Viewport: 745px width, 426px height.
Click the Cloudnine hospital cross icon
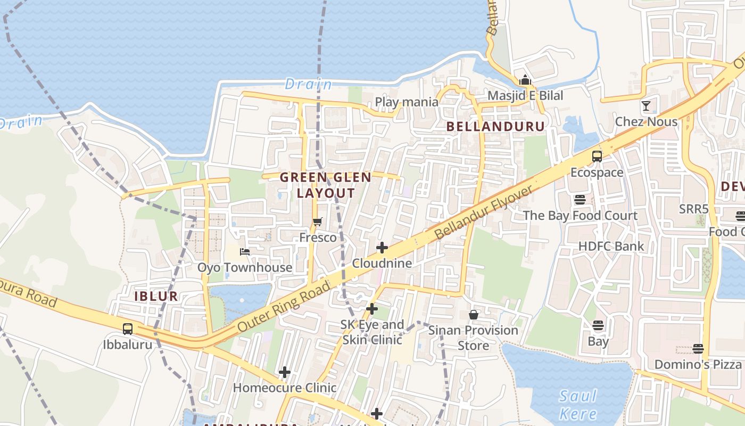point(382,248)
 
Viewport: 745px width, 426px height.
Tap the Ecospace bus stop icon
point(597,157)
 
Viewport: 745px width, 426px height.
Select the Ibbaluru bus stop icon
point(128,329)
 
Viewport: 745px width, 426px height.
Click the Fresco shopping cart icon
point(318,222)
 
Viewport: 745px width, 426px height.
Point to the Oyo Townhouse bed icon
point(245,252)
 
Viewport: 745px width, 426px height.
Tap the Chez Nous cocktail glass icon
point(646,106)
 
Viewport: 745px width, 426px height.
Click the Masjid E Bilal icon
point(525,80)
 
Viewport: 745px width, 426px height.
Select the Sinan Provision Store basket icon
point(474,315)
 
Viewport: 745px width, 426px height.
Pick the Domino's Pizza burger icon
point(698,349)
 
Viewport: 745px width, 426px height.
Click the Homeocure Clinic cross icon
point(285,372)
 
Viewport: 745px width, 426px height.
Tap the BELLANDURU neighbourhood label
point(496,126)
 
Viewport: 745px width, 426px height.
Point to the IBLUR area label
point(156,296)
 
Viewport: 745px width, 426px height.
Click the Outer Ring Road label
point(285,307)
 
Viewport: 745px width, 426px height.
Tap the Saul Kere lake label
point(578,405)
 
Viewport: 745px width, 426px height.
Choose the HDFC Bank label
point(611,246)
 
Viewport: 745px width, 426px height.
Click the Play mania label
point(407,102)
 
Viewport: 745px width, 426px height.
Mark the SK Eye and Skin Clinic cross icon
point(372,309)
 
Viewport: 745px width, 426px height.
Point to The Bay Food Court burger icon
point(580,200)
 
